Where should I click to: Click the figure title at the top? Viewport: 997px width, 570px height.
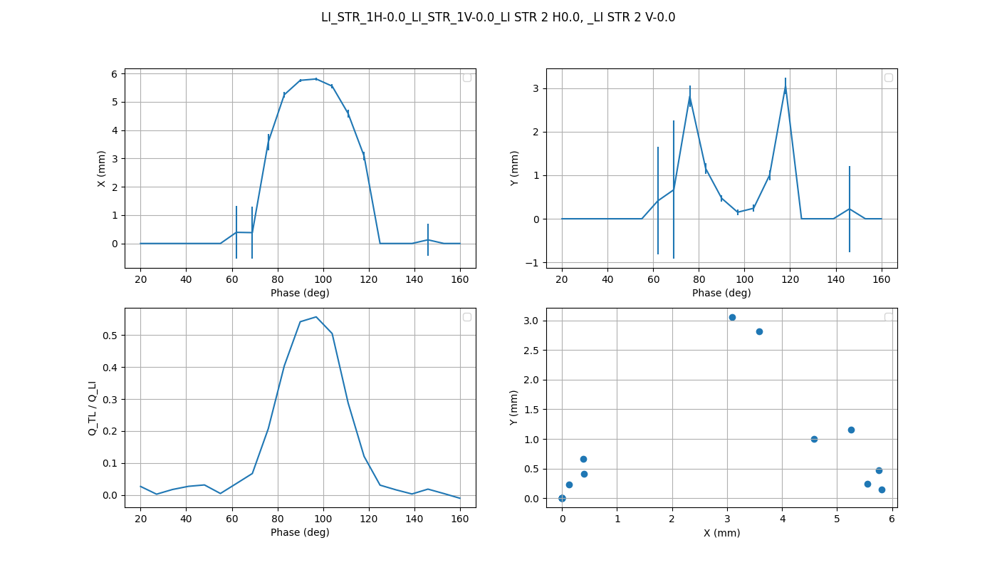pos(498,17)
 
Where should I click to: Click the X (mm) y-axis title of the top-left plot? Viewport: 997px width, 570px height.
pos(102,169)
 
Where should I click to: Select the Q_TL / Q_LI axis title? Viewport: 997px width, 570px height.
pos(93,408)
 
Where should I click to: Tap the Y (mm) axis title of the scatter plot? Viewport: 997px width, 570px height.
pos(514,408)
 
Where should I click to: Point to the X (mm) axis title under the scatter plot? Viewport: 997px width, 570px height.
pos(721,533)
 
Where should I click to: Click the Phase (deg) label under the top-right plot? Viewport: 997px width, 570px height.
pos(721,293)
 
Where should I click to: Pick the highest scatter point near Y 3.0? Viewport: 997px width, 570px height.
pos(732,317)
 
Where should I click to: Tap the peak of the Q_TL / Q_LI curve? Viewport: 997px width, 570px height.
pos(316,317)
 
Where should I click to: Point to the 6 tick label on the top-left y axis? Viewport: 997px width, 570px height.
pos(114,74)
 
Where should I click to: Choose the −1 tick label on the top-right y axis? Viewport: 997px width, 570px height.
pos(533,263)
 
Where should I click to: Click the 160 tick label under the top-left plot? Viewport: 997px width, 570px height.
pos(460,279)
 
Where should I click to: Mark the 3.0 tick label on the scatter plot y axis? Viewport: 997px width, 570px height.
pos(531,321)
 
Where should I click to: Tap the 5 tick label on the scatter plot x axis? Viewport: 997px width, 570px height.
pos(837,519)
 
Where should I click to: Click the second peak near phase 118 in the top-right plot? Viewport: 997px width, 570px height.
pos(785,89)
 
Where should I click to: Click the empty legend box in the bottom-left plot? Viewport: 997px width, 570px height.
pos(467,317)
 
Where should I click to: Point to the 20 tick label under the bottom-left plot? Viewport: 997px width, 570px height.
pos(140,519)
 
